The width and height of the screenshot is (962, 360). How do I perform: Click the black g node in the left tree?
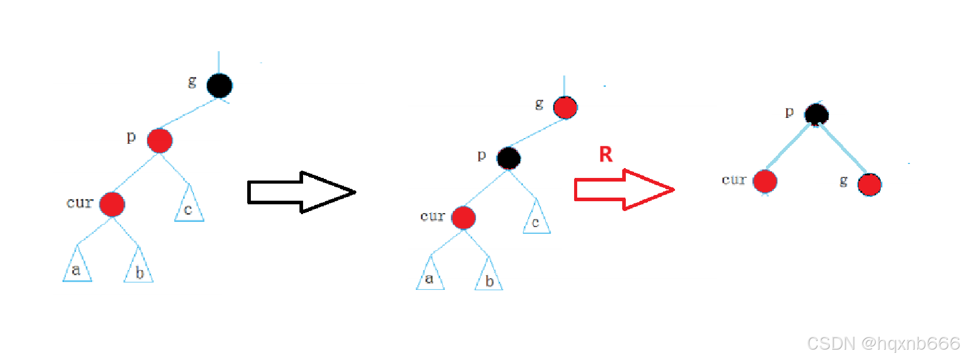click(x=219, y=86)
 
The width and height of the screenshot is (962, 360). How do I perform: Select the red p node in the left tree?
click(x=159, y=141)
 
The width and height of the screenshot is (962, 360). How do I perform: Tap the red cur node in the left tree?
click(x=112, y=204)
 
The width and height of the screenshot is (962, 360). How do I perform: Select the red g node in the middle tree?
click(x=565, y=108)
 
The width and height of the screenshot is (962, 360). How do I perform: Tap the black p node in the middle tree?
click(x=508, y=158)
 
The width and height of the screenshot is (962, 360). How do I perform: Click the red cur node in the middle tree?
click(x=463, y=218)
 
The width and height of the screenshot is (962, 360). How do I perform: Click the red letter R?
click(x=606, y=154)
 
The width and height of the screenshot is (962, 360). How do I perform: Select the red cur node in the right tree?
click(x=765, y=182)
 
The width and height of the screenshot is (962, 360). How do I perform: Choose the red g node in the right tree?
click(x=869, y=185)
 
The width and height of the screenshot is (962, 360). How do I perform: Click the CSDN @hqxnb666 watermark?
click(x=883, y=343)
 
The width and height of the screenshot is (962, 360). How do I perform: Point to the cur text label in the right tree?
click(x=734, y=180)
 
